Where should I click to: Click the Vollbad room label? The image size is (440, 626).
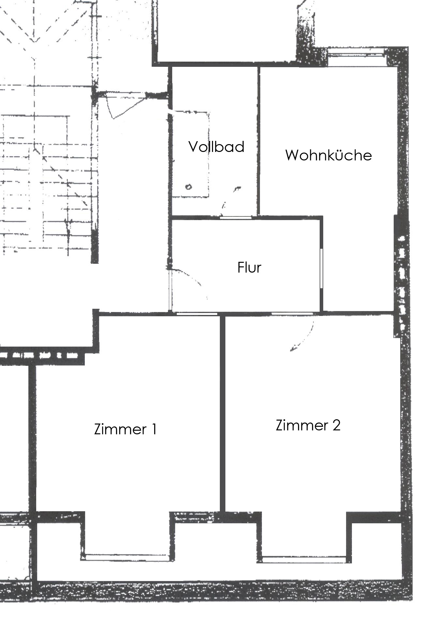217,147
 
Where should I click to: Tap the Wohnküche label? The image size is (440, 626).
328,155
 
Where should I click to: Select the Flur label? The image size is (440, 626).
249,267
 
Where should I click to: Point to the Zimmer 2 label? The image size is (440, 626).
308,425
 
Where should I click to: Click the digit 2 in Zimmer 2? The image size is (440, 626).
336,425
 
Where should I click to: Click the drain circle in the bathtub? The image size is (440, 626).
189,187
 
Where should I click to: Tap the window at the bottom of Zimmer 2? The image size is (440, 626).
304,559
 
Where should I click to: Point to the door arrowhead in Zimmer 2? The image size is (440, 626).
293,349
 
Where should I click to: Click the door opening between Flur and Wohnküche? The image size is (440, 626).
321,268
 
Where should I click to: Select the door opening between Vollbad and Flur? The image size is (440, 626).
235,217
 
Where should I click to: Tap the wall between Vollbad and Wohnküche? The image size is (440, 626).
258,141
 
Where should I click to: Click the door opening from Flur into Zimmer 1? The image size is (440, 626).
197,314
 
